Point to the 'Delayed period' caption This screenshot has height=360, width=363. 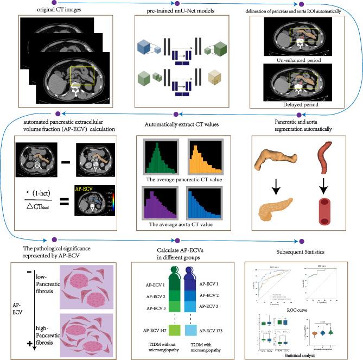(x=298, y=104)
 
